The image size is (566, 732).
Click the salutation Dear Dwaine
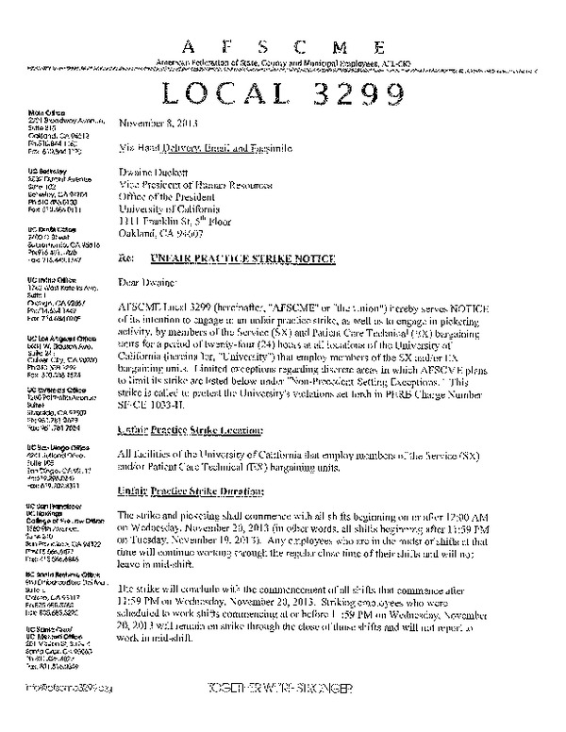[x=148, y=280]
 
